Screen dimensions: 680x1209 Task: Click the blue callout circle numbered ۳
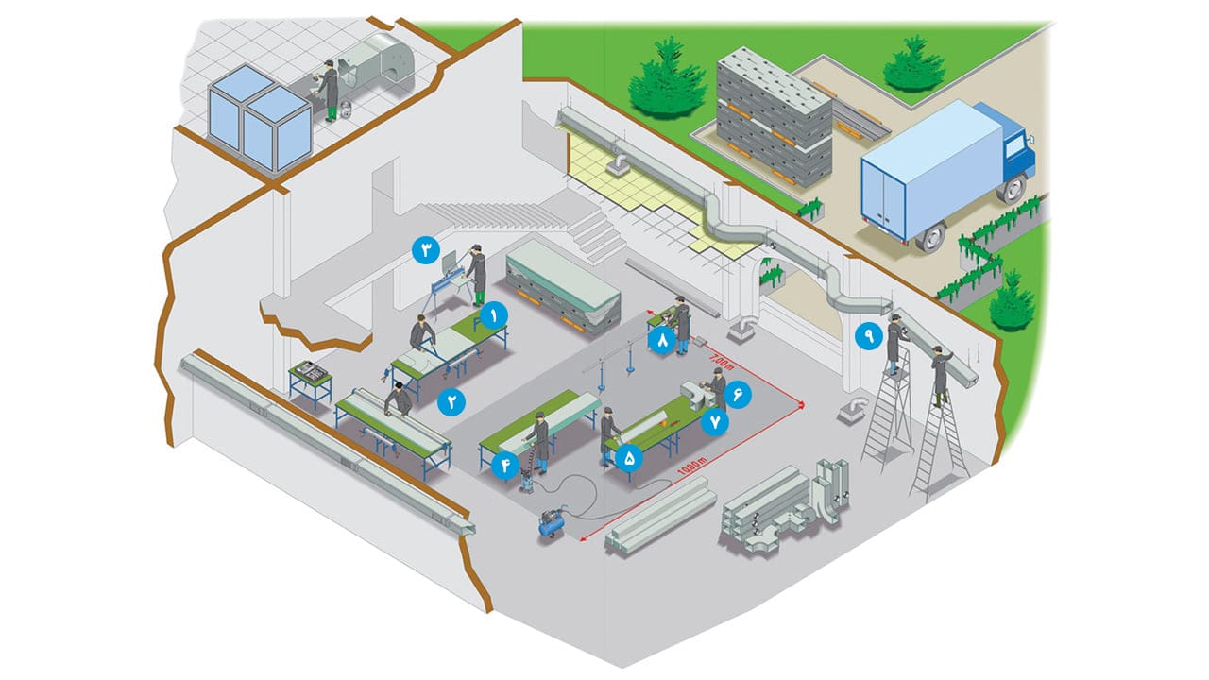coord(426,251)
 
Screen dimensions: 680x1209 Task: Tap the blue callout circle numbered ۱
coord(492,314)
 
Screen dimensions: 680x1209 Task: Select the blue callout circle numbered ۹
coord(866,333)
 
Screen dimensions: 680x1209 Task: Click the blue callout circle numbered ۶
coord(737,394)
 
